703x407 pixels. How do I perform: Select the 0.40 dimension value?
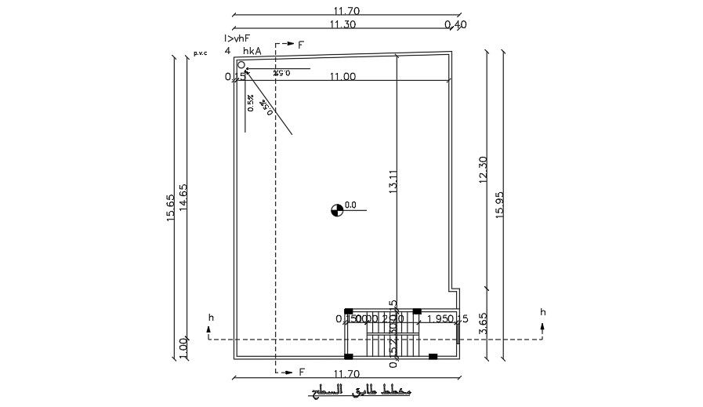tap(455, 24)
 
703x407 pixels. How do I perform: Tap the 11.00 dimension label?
tap(342, 77)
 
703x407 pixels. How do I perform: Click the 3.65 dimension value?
tap(483, 324)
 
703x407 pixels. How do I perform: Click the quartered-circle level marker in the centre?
tap(337, 209)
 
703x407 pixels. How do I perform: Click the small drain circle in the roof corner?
tap(241, 65)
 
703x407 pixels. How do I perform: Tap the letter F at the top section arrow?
tap(300, 45)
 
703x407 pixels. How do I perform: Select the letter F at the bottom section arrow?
tap(301, 372)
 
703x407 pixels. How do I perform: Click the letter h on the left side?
tap(210, 318)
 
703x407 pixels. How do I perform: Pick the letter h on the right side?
tap(542, 312)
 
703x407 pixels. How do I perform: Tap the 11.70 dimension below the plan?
tap(346, 375)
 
